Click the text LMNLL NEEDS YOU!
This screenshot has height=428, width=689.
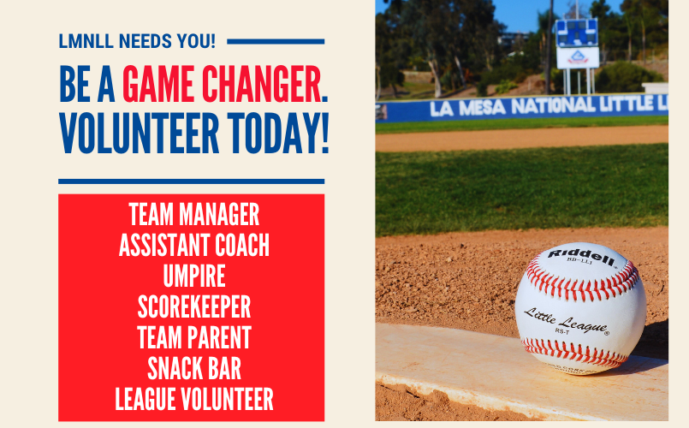tap(137, 41)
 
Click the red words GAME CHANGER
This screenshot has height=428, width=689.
tap(224, 85)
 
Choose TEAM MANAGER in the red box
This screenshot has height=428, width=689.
tap(193, 213)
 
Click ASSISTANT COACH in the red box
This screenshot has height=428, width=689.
tap(193, 246)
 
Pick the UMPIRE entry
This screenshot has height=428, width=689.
tap(193, 276)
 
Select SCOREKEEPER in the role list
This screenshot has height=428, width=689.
tap(193, 306)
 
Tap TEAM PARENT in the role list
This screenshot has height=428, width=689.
tap(193, 337)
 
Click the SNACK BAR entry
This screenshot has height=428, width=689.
tap(193, 368)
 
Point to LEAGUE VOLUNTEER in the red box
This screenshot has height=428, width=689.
tap(193, 399)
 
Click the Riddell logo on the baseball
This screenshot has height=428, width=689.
tap(581, 255)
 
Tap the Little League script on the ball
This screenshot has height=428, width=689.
tap(566, 318)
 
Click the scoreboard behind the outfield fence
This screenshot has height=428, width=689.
tap(577, 33)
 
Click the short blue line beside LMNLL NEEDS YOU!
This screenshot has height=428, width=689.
tap(276, 41)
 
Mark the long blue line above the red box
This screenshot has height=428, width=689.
tap(191, 181)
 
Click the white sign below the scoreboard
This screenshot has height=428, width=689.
tap(578, 57)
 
